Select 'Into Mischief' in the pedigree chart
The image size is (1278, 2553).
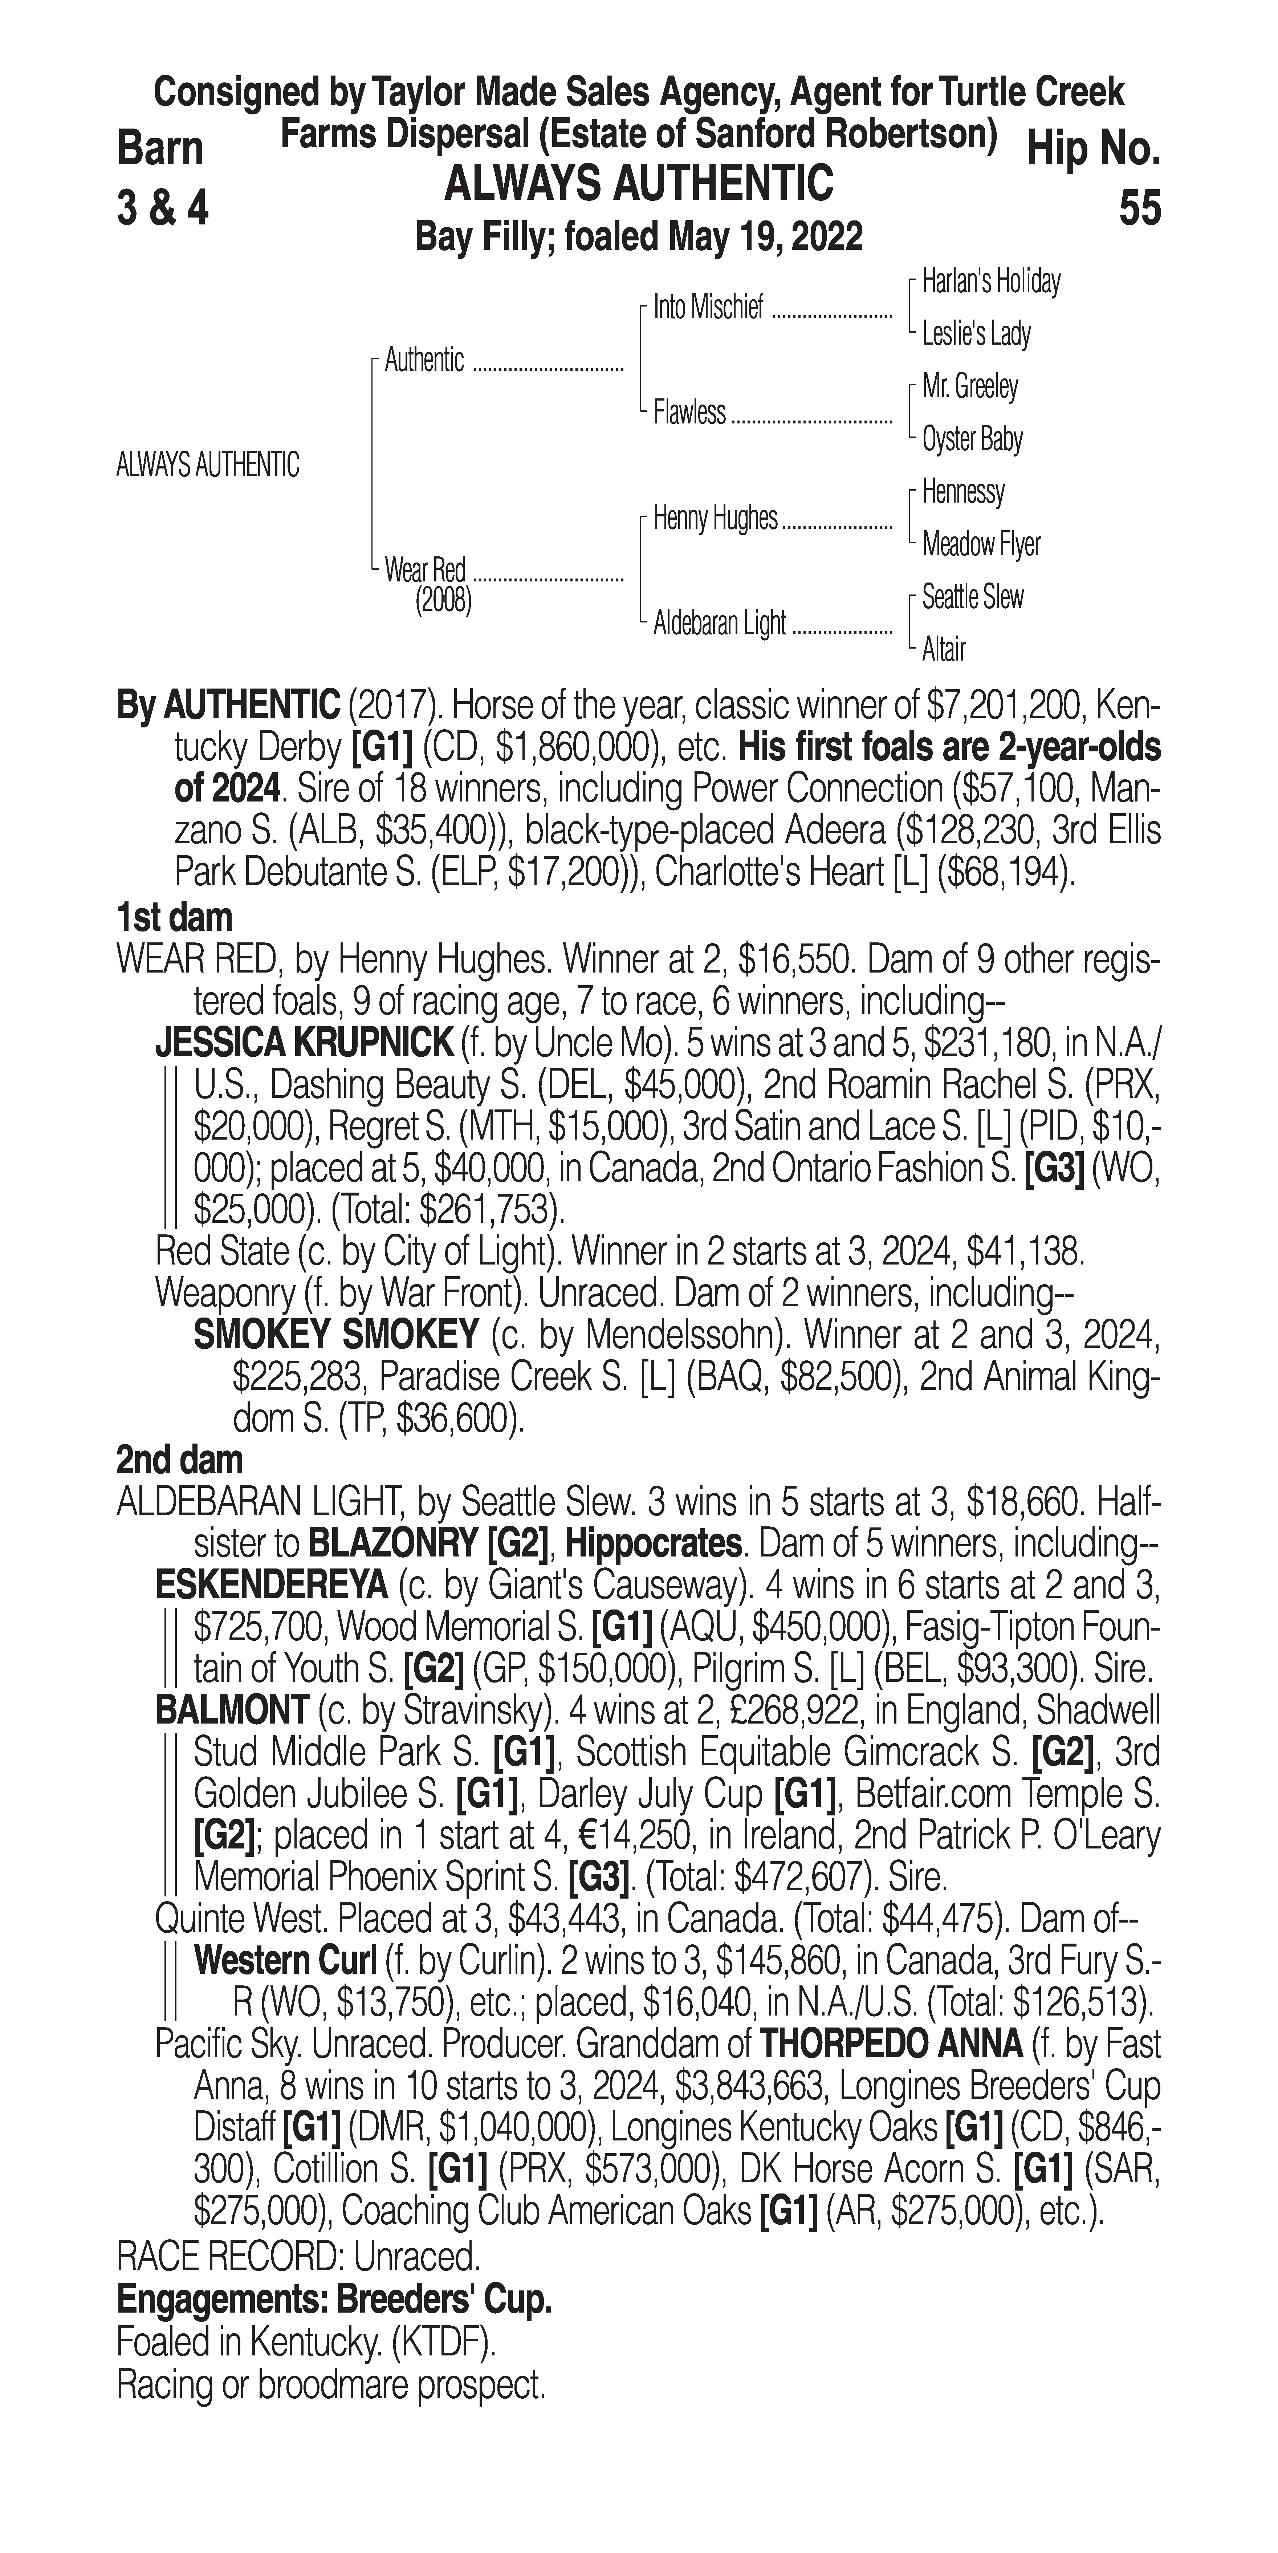tap(708, 308)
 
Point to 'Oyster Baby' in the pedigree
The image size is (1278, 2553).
tap(972, 439)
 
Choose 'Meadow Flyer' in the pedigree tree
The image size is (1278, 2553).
tap(981, 544)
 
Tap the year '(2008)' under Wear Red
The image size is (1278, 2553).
tap(443, 601)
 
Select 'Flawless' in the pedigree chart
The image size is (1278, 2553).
tap(689, 412)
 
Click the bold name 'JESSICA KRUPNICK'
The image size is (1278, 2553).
tap(303, 1044)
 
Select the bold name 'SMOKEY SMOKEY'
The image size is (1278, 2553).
tap(336, 1336)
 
